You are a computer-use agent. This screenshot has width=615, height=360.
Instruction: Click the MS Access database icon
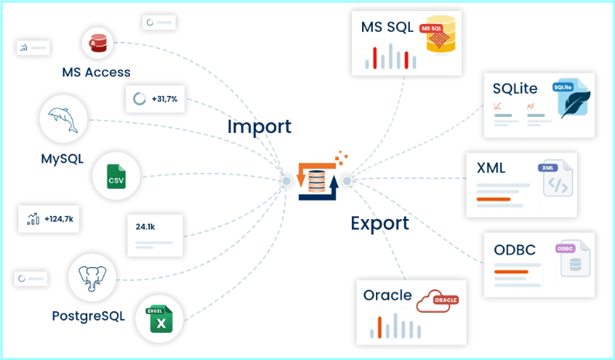[x=98, y=43]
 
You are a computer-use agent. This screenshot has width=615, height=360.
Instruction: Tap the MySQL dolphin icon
[x=63, y=120]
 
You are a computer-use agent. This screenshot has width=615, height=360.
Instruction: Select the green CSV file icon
[x=116, y=177]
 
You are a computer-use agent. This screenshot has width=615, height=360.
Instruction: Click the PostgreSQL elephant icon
[x=92, y=278]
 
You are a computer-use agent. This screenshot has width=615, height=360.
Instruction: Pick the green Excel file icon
[x=159, y=319]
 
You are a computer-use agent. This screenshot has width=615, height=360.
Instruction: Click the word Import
[x=259, y=127]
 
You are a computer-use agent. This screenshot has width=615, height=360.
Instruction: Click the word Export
[x=380, y=224]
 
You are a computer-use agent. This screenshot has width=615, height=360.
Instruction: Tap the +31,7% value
[x=165, y=99]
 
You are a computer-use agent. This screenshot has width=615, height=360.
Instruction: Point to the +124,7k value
[x=59, y=219]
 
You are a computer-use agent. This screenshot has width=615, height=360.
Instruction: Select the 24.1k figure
[x=145, y=227]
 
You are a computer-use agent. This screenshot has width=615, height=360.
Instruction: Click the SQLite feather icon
[x=575, y=103]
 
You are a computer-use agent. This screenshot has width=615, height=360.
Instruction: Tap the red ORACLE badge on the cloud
[x=446, y=300]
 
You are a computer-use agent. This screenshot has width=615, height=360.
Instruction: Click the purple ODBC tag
[x=565, y=249]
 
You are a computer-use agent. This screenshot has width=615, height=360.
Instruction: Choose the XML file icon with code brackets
[x=558, y=179]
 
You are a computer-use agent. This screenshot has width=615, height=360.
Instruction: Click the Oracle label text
[x=387, y=295]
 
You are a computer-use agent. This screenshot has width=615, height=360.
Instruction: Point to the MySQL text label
[x=63, y=159]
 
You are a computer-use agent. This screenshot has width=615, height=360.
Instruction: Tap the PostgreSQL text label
[x=88, y=316]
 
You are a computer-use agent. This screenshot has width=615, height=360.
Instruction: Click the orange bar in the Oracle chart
[x=380, y=327]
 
